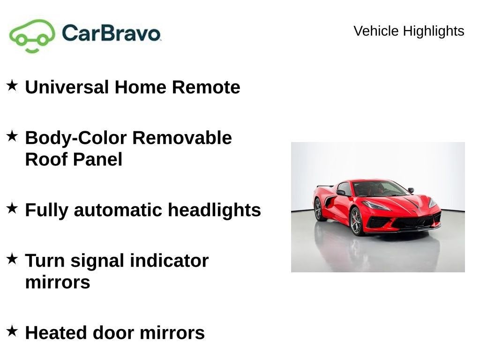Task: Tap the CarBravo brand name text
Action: [111, 33]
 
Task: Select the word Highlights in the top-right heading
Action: [434, 31]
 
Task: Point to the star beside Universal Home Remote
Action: [12, 85]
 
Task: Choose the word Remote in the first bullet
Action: [206, 87]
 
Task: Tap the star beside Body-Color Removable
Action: [12, 136]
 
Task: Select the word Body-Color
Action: [75, 138]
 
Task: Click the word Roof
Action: [46, 159]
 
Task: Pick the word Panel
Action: [97, 159]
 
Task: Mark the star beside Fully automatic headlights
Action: [12, 208]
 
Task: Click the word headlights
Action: [214, 210]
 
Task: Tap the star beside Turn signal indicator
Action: [12, 259]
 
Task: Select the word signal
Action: [97, 262]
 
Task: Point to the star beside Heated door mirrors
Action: [12, 331]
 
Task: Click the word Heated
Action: [56, 333]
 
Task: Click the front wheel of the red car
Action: [357, 221]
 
